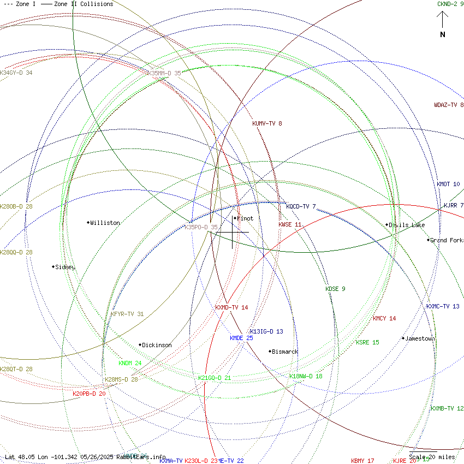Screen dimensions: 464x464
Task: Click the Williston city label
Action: [105, 223]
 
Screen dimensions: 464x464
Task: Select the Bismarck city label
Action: [285, 352]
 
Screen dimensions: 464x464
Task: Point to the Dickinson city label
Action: [157, 345]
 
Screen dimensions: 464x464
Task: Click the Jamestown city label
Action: [420, 338]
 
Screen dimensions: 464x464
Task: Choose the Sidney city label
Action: [66, 267]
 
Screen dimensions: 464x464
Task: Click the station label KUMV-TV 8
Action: [267, 123]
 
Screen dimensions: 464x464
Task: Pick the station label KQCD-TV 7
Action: [301, 206]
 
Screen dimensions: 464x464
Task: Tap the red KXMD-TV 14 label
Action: [231, 307]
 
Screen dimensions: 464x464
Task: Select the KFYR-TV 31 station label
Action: [127, 314]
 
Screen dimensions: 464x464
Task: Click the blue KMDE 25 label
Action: [241, 338]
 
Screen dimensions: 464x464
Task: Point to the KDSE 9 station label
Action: [335, 289]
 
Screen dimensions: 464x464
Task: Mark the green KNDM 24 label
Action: [130, 363]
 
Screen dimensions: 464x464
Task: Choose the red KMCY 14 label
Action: [384, 318]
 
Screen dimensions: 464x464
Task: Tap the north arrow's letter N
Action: [443, 35]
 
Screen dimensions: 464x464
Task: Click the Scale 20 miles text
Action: [432, 457]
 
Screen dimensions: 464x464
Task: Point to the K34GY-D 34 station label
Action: [16, 73]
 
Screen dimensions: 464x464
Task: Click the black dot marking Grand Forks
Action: [429, 240]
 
